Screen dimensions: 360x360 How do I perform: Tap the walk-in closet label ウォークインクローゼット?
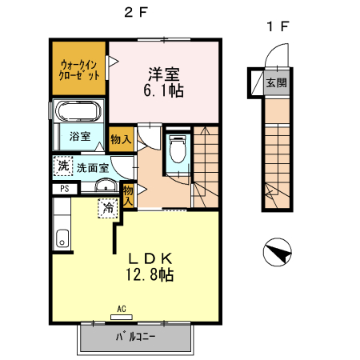(79, 68)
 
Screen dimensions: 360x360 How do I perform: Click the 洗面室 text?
(93, 168)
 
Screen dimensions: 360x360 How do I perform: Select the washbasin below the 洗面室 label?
(104, 187)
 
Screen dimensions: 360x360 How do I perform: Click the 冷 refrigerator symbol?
(107, 208)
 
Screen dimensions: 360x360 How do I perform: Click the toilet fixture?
(178, 148)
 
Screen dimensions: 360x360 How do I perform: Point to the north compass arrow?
(277, 254)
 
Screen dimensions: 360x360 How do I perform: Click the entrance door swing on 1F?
(274, 58)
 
